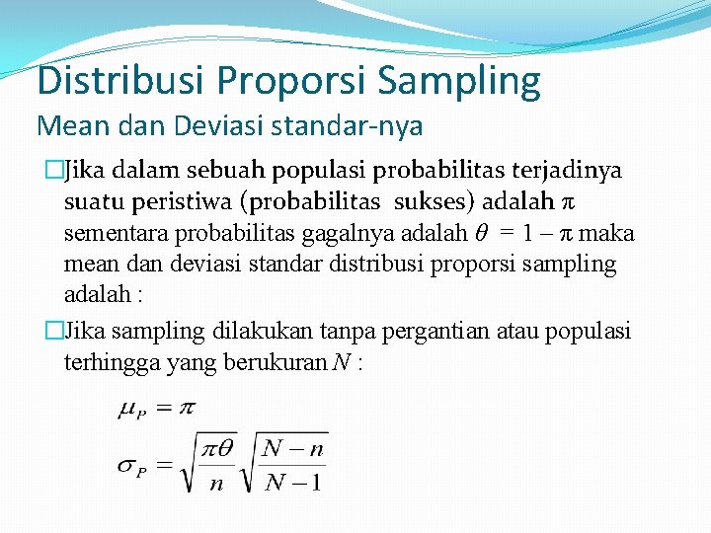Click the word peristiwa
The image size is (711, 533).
(x=187, y=202)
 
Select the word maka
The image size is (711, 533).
(x=612, y=234)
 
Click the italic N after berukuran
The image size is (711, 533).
(x=340, y=363)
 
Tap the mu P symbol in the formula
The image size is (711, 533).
(x=132, y=408)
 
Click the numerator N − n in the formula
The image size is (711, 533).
(x=295, y=449)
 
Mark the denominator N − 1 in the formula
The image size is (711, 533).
(x=295, y=482)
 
